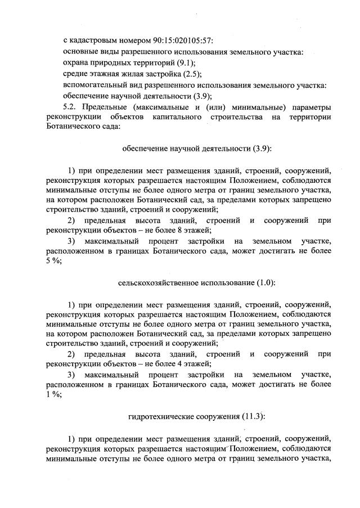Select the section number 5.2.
click(x=73, y=106)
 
